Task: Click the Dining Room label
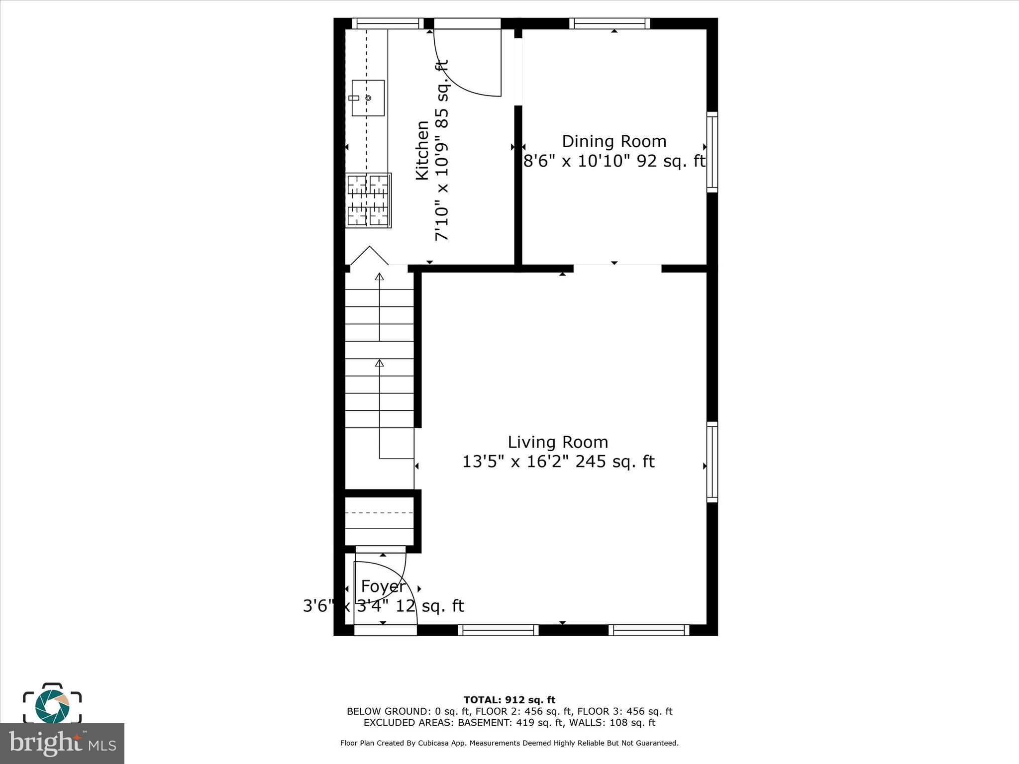pyautogui.click(x=614, y=142)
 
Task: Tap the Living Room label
pyautogui.click(x=558, y=442)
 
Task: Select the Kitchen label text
pyautogui.click(x=422, y=150)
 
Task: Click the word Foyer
pyautogui.click(x=383, y=586)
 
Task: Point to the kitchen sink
pyautogui.click(x=368, y=98)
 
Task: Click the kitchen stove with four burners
pyautogui.click(x=368, y=200)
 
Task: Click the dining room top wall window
pyautogui.click(x=610, y=23)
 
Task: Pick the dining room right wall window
pyautogui.click(x=712, y=152)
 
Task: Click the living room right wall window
pyautogui.click(x=712, y=462)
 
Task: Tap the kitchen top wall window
pyautogui.click(x=388, y=23)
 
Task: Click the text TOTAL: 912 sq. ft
pyautogui.click(x=509, y=700)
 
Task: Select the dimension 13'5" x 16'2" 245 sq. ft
pyautogui.click(x=558, y=462)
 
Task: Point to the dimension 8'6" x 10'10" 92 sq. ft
pyautogui.click(x=614, y=161)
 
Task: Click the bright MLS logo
pyautogui.click(x=62, y=743)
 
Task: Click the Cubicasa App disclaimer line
pyautogui.click(x=509, y=743)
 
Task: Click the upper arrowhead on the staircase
pyautogui.click(x=380, y=277)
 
